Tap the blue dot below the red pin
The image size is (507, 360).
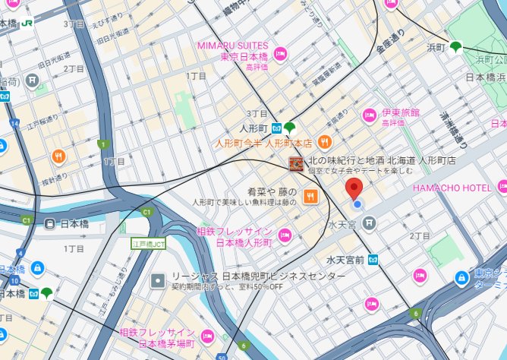pos(357,204)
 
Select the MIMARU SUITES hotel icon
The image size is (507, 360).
pos(280,53)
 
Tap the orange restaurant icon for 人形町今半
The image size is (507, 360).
pos(325,141)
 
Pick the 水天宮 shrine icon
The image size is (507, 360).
pos(368,223)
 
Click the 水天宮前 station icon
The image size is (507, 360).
pos(373,259)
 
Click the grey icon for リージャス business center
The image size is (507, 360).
pos(158,280)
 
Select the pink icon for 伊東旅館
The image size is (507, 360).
pos(370,115)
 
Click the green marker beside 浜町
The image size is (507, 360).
pos(455,47)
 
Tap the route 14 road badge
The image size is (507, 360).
pos(14,122)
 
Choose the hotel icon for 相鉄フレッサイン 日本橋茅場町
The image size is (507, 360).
pos(207,336)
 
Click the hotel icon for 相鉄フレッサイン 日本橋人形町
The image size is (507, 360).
pos(283,236)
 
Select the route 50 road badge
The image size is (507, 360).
pos(221,355)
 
